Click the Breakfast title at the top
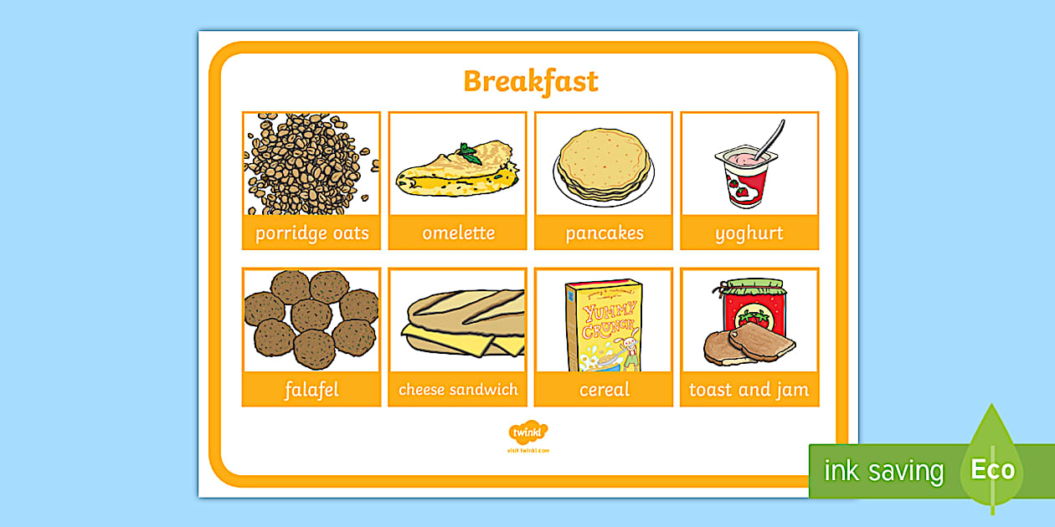531,81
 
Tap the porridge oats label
311,233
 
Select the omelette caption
458,233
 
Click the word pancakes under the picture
604,233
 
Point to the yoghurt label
749,233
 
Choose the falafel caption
311,390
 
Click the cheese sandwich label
458,390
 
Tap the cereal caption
604,390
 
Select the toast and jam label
749,390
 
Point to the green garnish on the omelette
469,154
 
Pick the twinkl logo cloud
527,432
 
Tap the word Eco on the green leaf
993,469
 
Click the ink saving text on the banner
883,471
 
